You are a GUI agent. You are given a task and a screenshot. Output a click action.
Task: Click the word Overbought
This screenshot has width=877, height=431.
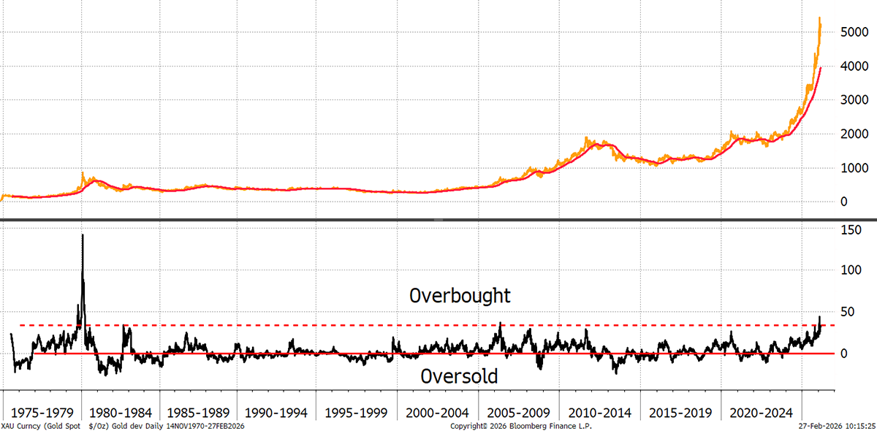[x=460, y=297]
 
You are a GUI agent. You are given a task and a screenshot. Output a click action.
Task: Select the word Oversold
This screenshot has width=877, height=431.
[x=460, y=377]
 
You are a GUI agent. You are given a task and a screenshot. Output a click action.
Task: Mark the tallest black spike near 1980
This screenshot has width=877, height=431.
[x=83, y=236]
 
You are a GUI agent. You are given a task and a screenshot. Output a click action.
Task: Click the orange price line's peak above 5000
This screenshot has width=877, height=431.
[x=819, y=18]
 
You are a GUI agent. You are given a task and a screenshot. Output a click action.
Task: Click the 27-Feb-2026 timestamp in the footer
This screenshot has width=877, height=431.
[x=835, y=425]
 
